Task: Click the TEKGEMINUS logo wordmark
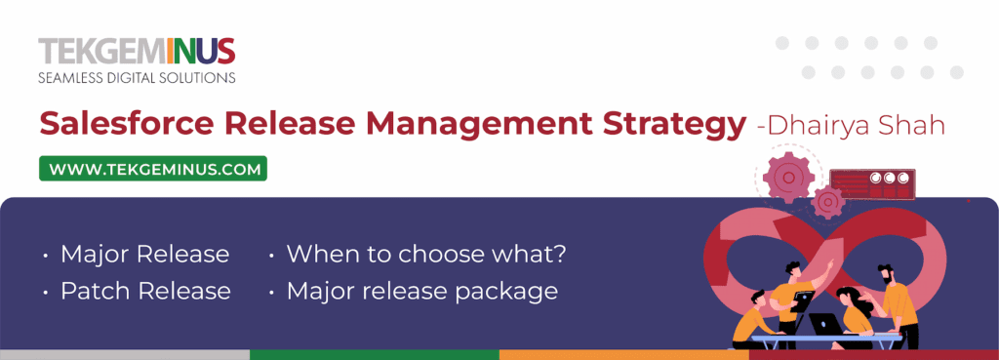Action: (x=137, y=50)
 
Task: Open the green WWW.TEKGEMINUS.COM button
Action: (x=153, y=169)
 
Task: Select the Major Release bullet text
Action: (x=144, y=255)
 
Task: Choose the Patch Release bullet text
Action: (x=145, y=291)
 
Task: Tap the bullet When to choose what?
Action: (x=426, y=255)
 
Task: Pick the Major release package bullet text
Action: (x=421, y=291)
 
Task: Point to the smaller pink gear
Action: (x=828, y=202)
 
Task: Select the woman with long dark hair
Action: (x=854, y=312)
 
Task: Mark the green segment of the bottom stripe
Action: (x=374, y=354)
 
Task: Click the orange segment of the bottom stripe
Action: (x=623, y=354)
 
